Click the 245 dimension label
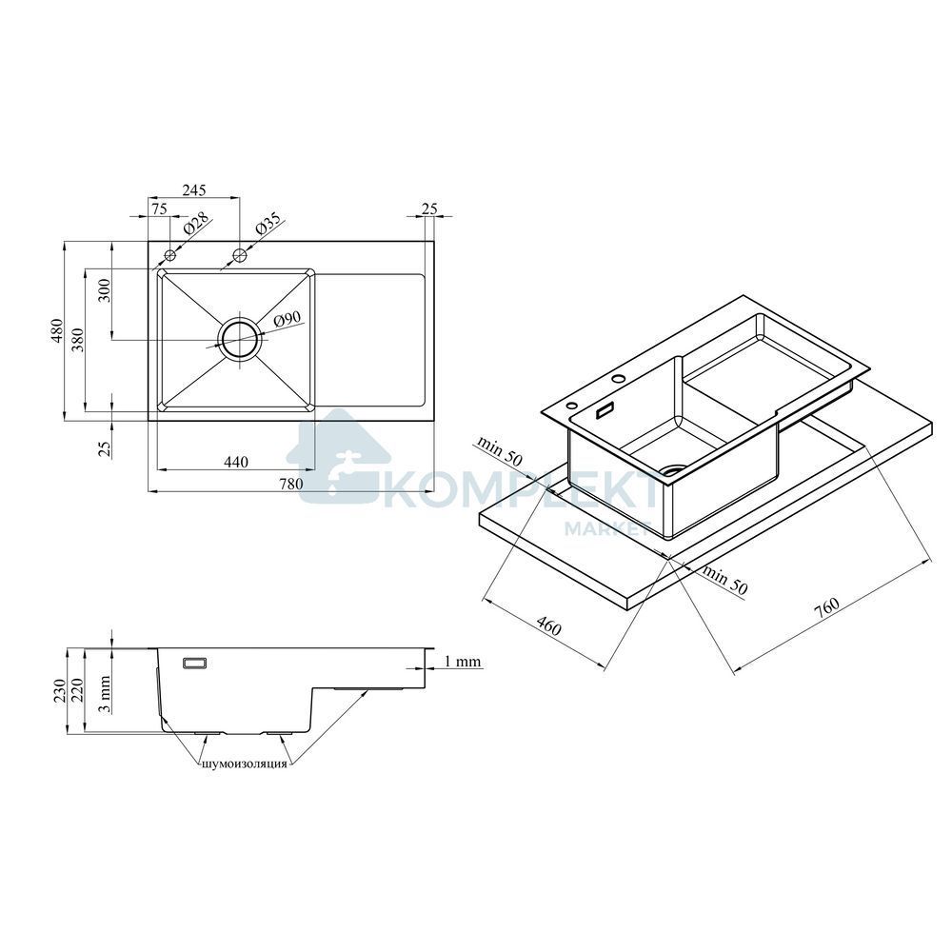(194, 189)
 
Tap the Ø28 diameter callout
(195, 224)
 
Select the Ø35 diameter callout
(268, 223)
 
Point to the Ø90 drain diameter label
(288, 318)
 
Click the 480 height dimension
(56, 331)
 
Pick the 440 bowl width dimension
(236, 462)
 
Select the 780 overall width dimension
(290, 484)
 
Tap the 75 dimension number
(159, 208)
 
